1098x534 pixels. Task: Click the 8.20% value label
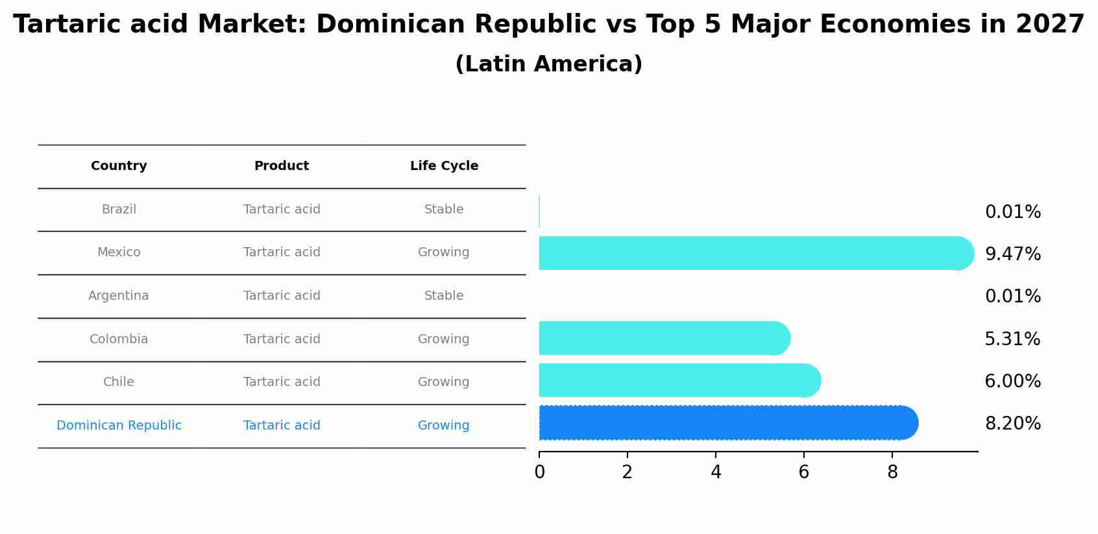pyautogui.click(x=1012, y=424)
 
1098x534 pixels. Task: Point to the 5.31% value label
pyautogui.click(x=1012, y=339)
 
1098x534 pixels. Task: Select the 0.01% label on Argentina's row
pyautogui.click(x=1012, y=297)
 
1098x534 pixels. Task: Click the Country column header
pyautogui.click(x=119, y=166)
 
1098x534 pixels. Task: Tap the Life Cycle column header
pyautogui.click(x=444, y=166)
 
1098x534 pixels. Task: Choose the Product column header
pyautogui.click(x=282, y=166)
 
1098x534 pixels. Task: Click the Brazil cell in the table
pyautogui.click(x=119, y=210)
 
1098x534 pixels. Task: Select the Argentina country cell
pyautogui.click(x=119, y=296)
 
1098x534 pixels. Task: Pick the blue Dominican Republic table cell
pyautogui.click(x=119, y=426)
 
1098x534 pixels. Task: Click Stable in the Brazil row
pyautogui.click(x=444, y=210)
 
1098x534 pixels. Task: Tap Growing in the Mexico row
pyautogui.click(x=444, y=252)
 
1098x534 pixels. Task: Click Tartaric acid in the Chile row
pyautogui.click(x=282, y=382)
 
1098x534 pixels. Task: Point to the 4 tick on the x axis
pyautogui.click(x=716, y=472)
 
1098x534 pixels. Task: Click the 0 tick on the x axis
pyautogui.click(x=539, y=472)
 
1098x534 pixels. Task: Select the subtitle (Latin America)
pyautogui.click(x=549, y=64)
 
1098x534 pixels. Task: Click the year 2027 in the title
pyautogui.click(x=1049, y=25)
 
